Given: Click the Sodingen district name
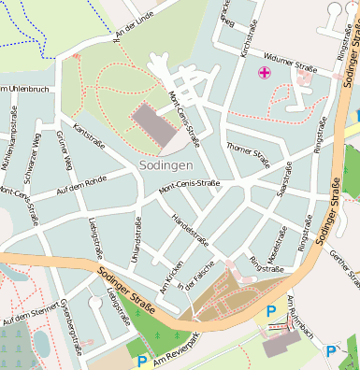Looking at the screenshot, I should pyautogui.click(x=166, y=164).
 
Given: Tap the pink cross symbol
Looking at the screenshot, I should pyautogui.click(x=265, y=72).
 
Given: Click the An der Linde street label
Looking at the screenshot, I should pyautogui.click(x=132, y=21).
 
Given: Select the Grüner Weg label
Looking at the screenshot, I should pyautogui.click(x=65, y=150).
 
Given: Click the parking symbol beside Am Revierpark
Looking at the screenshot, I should pyautogui.click(x=142, y=361).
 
